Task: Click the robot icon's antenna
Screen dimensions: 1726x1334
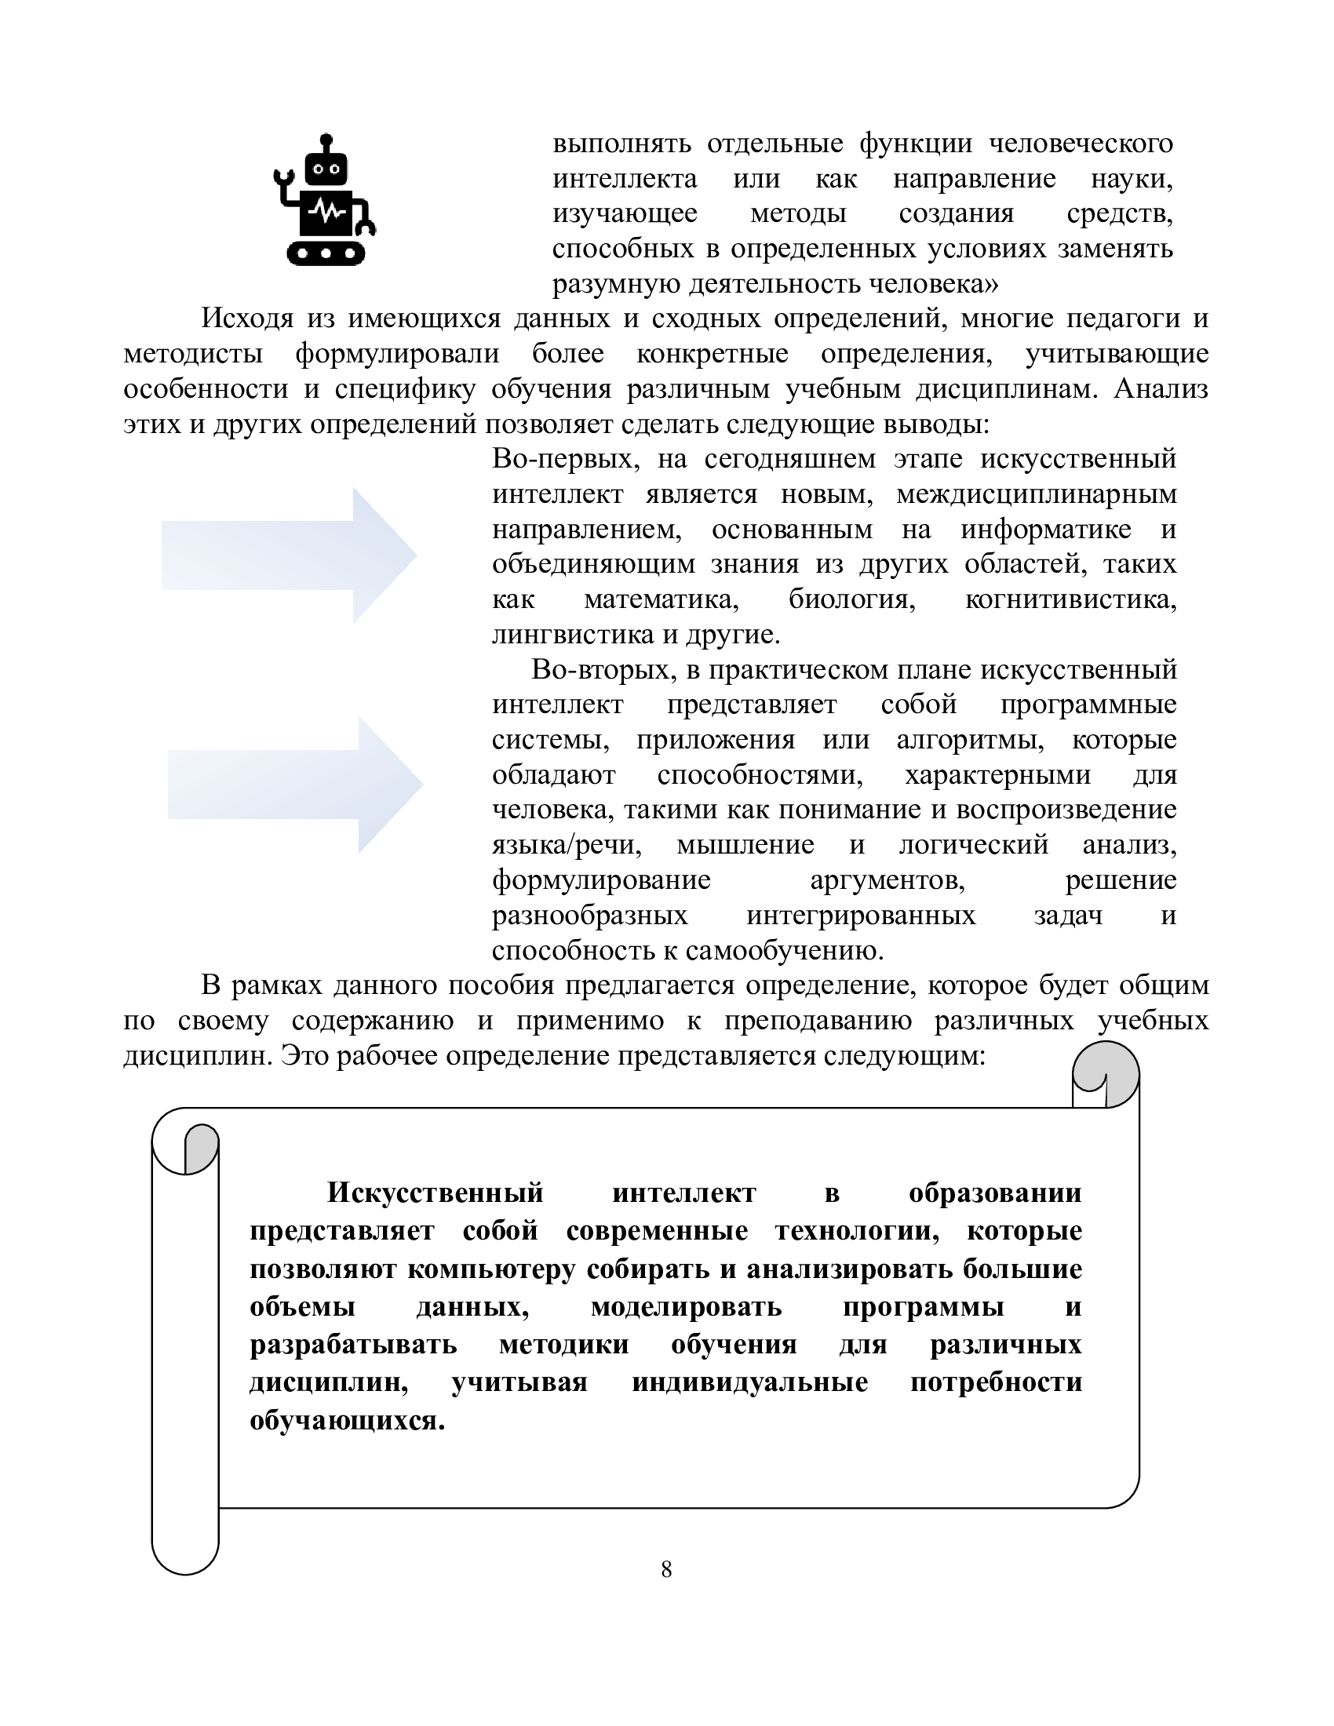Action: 326,141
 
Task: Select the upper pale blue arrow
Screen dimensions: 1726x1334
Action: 290,555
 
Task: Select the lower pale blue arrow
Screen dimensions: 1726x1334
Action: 295,785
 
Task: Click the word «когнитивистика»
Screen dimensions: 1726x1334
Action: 1071,600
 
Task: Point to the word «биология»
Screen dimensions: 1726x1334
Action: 851,600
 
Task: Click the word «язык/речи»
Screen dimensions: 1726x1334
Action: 566,845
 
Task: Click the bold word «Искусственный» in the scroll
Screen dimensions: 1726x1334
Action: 436,1193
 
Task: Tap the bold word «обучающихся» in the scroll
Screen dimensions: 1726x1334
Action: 346,1420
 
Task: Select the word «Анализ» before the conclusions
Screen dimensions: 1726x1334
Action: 1160,390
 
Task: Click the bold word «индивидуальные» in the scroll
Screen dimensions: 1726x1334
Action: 749,1382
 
